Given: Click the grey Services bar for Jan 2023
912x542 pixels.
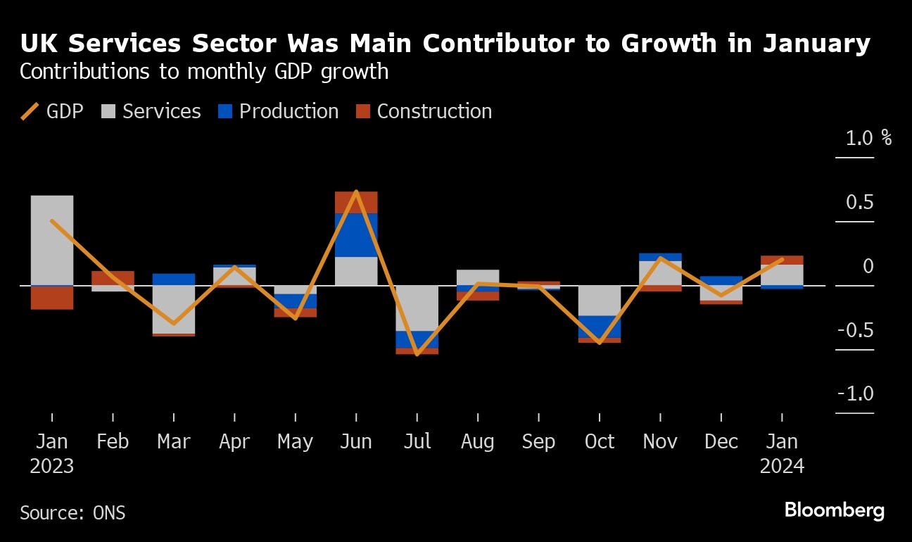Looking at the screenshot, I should pyautogui.click(x=52, y=239).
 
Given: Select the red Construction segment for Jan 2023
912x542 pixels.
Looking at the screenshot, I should pyautogui.click(x=52, y=298).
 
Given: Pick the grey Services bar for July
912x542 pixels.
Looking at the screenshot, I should pyautogui.click(x=417, y=308).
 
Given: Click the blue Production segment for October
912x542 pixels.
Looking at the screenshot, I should pyautogui.click(x=600, y=327).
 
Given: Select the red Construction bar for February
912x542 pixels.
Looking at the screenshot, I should pyautogui.click(x=113, y=278).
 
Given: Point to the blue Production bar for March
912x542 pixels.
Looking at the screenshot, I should pyautogui.click(x=173, y=279).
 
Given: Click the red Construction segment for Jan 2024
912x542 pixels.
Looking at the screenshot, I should pyautogui.click(x=782, y=260).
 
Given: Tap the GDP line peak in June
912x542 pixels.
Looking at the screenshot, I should pyautogui.click(x=356, y=191).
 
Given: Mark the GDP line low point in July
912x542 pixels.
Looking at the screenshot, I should pyautogui.click(x=417, y=354).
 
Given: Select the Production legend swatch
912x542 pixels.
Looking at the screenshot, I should pyautogui.click(x=224, y=112).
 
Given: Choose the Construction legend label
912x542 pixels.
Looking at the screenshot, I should pyautogui.click(x=434, y=112).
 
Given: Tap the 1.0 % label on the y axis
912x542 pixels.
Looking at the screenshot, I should pyautogui.click(x=868, y=138).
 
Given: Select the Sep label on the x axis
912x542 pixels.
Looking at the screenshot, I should pyautogui.click(x=538, y=442).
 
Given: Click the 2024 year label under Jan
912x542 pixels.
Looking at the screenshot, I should pyautogui.click(x=782, y=467).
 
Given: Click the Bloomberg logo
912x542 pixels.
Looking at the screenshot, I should pyautogui.click(x=834, y=511).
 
